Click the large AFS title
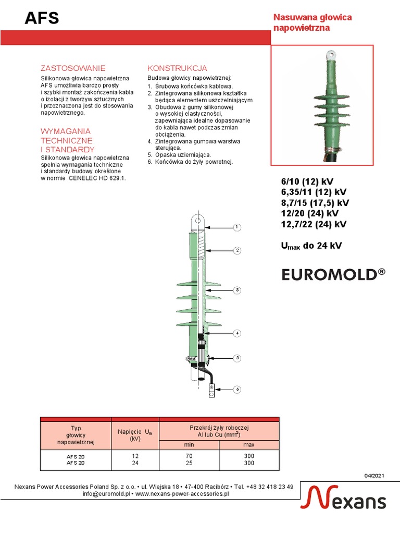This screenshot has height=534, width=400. [42, 19]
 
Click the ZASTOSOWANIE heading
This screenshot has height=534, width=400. [73, 68]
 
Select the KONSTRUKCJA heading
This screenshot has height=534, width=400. [177, 68]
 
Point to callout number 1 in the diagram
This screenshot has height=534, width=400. [236, 227]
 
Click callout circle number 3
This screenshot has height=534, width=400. [236, 290]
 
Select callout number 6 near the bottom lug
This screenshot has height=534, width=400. [236, 390]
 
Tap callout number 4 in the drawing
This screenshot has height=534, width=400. [236, 333]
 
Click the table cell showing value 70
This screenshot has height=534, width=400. [189, 456]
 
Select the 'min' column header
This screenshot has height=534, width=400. [189, 445]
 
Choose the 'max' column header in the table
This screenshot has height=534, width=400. [249, 445]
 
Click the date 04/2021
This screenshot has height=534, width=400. [374, 476]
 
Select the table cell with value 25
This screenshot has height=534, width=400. [189, 463]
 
